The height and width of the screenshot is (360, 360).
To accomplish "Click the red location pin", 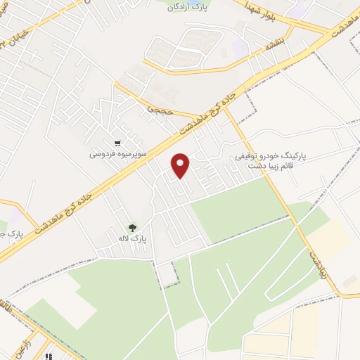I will click(x=181, y=165).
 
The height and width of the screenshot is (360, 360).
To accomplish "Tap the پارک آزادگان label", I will click(x=189, y=8).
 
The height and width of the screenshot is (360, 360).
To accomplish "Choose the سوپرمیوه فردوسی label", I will click(x=116, y=153).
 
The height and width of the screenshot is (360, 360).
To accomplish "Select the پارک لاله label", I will click(x=129, y=238).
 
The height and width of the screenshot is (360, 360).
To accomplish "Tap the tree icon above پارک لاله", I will click(x=131, y=227).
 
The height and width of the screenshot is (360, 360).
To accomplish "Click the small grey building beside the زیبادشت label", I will click(x=349, y=281).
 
